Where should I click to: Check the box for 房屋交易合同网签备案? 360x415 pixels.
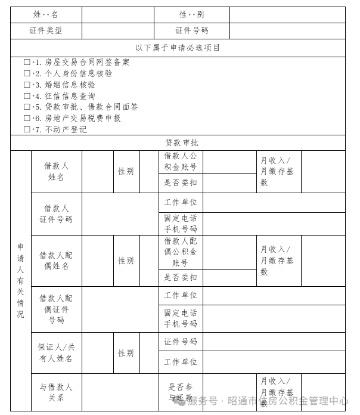click(x=27, y=62)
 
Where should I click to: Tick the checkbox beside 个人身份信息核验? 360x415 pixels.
click(x=27, y=73)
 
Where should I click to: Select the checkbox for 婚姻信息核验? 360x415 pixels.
click(x=27, y=85)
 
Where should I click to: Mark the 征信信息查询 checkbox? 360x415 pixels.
click(x=27, y=96)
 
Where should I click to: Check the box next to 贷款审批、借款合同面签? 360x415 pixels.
click(x=27, y=107)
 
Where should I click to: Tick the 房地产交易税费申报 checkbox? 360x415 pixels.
click(x=27, y=118)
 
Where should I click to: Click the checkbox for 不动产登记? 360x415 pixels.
click(x=27, y=129)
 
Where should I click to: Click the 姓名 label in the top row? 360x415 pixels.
click(x=46, y=14)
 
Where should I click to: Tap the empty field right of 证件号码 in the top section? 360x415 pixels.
click(x=287, y=30)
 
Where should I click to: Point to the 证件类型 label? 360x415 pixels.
click(x=46, y=30)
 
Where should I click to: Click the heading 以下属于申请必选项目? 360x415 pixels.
click(x=178, y=48)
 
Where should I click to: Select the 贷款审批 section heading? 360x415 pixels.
click(x=182, y=143)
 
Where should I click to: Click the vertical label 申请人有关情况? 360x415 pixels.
click(x=20, y=280)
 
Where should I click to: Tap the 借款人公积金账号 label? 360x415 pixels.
click(x=181, y=162)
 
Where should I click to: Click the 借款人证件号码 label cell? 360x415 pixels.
click(x=56, y=213)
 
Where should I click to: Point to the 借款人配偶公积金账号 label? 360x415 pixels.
click(x=181, y=252)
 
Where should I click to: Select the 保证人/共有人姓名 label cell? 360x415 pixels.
click(x=56, y=352)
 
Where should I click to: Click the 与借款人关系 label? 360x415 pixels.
click(x=56, y=392)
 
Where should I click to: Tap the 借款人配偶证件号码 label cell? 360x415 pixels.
click(x=56, y=309)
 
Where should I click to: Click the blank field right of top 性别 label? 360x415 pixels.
click(x=287, y=14)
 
